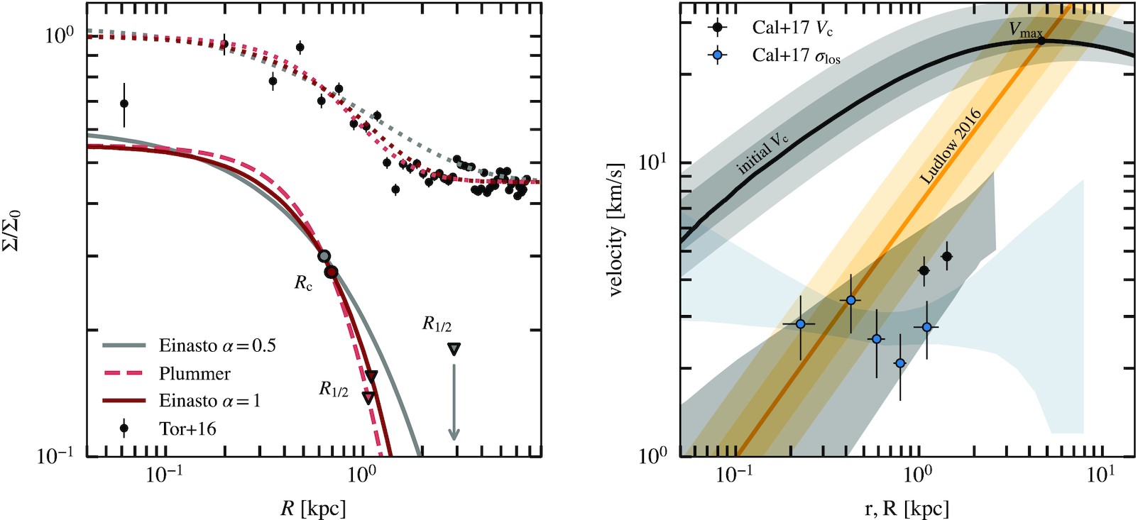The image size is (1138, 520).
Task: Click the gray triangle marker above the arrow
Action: [x=454, y=348]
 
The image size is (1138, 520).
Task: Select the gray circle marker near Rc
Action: [x=324, y=256]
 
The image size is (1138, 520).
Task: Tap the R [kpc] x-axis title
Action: [x=314, y=508]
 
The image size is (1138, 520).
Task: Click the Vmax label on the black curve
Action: [x=1026, y=31]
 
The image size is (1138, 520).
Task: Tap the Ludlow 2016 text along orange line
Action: [x=950, y=147]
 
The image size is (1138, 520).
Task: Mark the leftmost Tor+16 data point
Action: [x=124, y=104]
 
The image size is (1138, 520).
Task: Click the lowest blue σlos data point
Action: [x=900, y=363]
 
